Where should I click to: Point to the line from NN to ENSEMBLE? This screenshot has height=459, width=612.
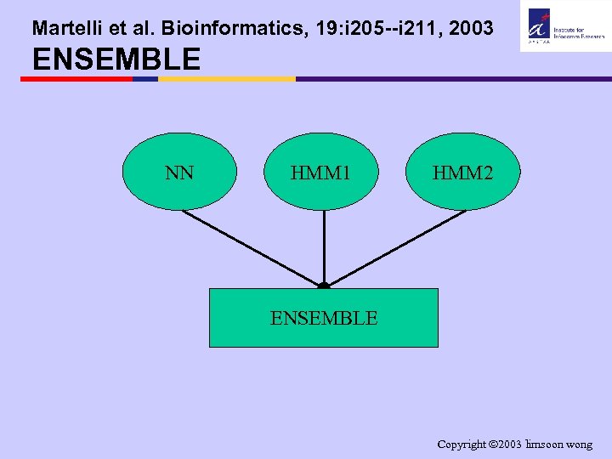tap(251, 247)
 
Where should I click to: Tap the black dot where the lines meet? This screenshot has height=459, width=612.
tap(324, 286)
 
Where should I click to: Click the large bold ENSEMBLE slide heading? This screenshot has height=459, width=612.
tap(116, 59)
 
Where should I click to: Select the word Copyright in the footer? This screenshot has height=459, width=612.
tap(462, 444)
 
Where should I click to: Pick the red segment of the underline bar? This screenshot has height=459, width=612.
tap(76, 79)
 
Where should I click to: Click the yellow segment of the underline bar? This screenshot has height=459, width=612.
tap(227, 79)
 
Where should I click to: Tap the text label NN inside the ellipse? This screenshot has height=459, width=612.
tap(179, 173)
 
